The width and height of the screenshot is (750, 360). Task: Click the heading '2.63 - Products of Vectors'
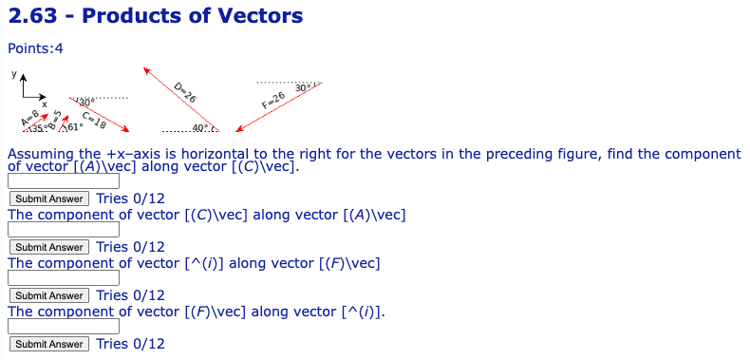coord(155,16)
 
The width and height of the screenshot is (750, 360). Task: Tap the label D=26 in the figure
coord(186,92)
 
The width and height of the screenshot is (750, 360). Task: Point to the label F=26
coord(272,101)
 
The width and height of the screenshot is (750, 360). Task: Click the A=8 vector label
coord(29,119)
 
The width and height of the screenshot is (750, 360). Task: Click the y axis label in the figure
coord(12,73)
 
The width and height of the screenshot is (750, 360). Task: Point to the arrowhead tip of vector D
coord(145,69)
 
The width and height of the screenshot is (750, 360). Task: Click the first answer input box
coord(64,180)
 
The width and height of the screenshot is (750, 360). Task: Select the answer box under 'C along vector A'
coord(64,229)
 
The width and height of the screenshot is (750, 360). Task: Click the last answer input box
coord(64,327)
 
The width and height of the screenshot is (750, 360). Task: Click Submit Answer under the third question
coord(49,295)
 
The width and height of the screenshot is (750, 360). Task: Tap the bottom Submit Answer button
coord(49,344)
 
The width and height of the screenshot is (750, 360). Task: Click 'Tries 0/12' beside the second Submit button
coord(130,247)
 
